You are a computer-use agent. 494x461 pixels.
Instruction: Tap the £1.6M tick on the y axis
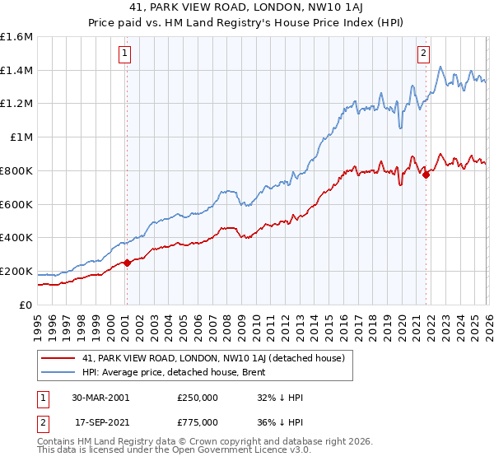point(16,37)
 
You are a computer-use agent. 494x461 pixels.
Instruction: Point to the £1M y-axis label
point(21,137)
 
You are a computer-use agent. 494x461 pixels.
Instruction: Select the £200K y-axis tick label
point(16,271)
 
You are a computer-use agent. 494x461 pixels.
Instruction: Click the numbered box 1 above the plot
point(124,54)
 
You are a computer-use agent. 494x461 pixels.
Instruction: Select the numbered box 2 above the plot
point(423,54)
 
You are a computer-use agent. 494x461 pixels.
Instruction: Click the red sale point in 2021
point(426,175)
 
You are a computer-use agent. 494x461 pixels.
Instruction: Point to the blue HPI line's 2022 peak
point(440,68)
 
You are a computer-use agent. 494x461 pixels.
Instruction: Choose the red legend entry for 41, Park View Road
point(218,358)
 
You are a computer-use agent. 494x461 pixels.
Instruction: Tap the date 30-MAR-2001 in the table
point(100,398)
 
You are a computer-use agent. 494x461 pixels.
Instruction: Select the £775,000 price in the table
point(197,422)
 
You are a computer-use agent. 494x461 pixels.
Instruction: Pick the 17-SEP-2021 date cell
point(100,422)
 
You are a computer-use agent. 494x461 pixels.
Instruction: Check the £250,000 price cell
point(197,398)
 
